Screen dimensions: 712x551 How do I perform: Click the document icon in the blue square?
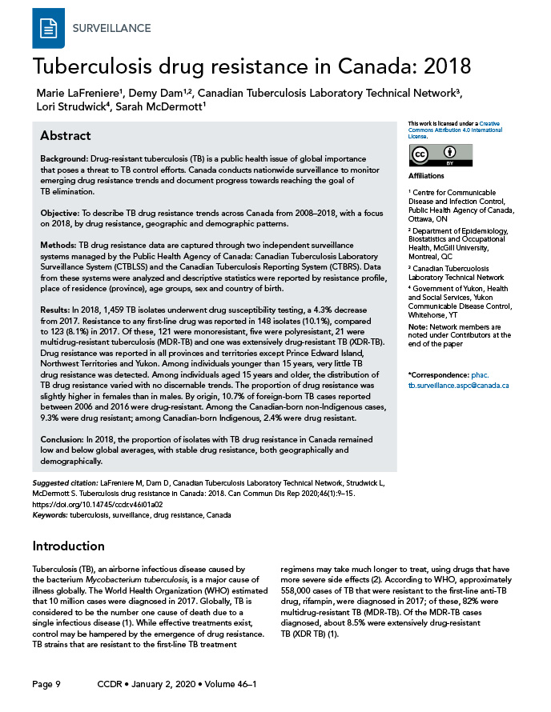click(x=49, y=28)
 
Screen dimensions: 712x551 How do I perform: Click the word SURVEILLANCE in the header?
click(x=111, y=28)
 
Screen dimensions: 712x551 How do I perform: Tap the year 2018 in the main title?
click(x=441, y=65)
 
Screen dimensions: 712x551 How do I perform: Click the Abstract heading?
click(x=66, y=135)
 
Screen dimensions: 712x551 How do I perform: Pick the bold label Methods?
click(x=58, y=242)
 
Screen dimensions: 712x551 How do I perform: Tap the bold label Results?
click(x=56, y=308)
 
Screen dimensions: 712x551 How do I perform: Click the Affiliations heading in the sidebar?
click(x=428, y=175)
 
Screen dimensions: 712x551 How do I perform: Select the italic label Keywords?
click(x=50, y=514)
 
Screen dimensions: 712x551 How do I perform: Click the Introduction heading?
click(x=68, y=546)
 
